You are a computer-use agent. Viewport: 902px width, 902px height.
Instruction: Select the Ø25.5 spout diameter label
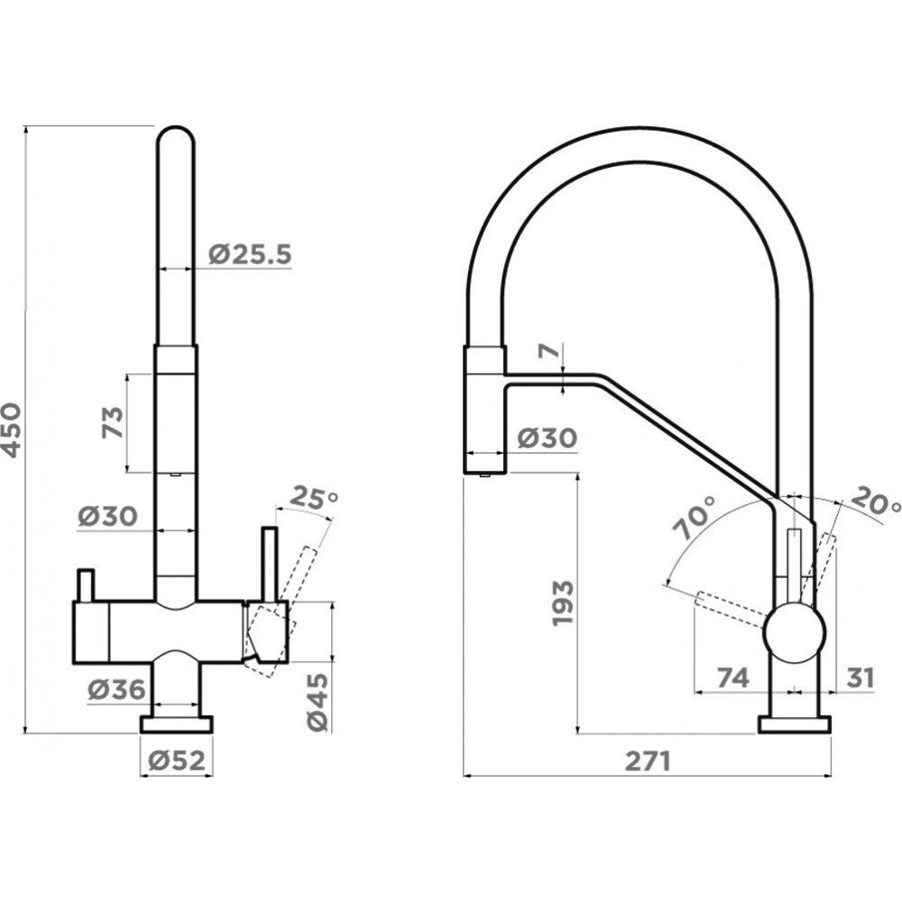(x=251, y=255)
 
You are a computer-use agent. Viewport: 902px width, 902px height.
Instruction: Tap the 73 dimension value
(x=111, y=422)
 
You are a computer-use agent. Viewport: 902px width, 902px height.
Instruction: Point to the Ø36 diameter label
(x=116, y=690)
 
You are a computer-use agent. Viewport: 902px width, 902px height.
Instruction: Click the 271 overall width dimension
(x=648, y=762)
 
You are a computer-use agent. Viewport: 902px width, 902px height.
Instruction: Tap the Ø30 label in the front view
(x=106, y=517)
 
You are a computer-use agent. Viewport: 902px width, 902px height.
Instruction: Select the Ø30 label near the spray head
(x=548, y=438)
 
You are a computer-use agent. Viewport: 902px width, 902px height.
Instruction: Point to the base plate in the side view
(x=794, y=724)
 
